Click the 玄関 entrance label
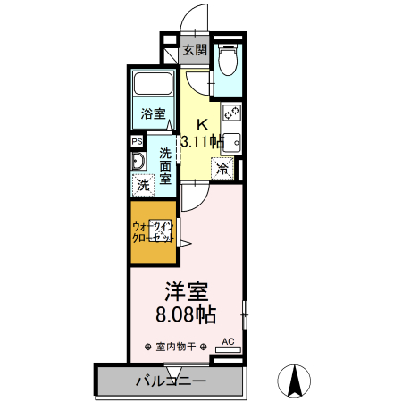click(195, 51)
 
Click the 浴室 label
click(153, 113)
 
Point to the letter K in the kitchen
click(202, 123)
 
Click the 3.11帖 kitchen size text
click(201, 140)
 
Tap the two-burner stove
click(231, 113)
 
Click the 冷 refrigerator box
click(222, 168)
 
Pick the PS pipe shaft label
click(137, 142)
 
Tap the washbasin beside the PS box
click(138, 162)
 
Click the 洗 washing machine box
click(143, 186)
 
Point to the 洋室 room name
click(186, 292)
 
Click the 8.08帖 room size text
click(187, 314)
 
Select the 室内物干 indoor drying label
click(174, 347)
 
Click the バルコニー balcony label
click(172, 381)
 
